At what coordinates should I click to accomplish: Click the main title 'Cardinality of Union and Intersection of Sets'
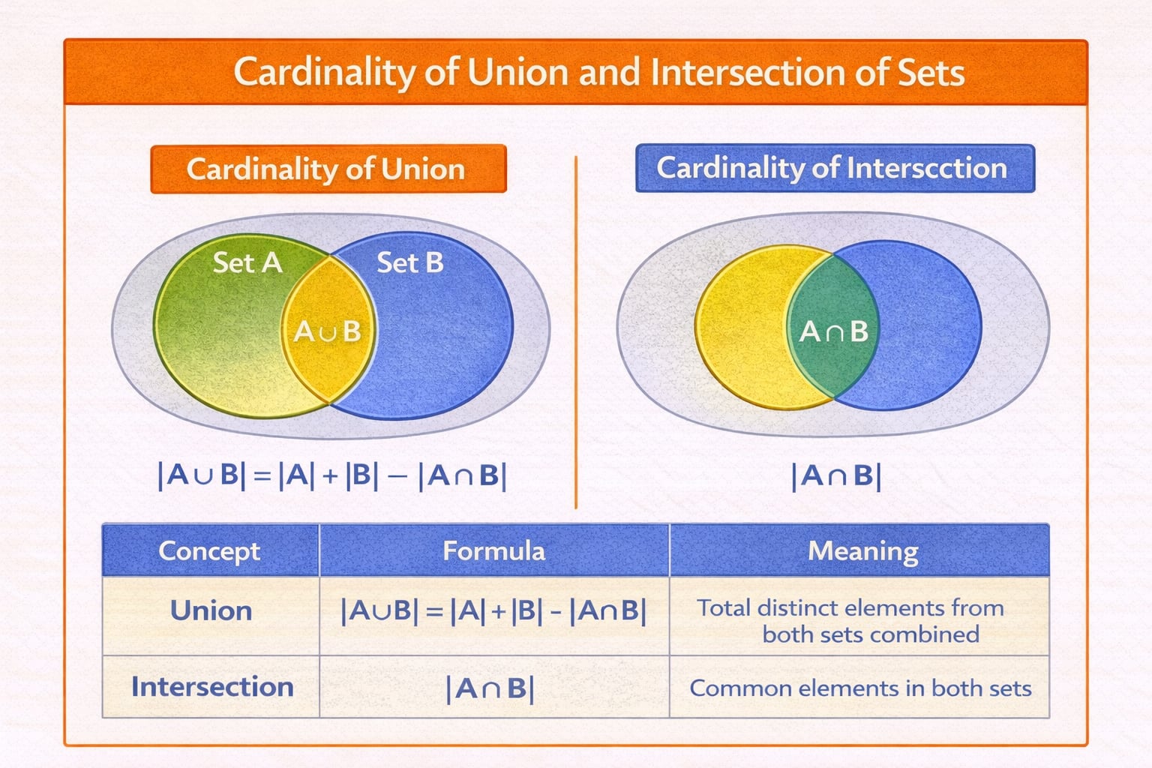598,73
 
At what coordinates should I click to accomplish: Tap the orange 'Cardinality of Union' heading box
328,169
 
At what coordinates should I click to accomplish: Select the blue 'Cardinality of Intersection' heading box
834,168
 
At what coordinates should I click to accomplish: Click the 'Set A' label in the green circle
247,262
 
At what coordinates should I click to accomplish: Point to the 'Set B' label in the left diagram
409,262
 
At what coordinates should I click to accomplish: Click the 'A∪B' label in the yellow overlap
328,331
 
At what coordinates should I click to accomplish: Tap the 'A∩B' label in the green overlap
833,331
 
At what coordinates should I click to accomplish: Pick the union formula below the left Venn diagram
332,475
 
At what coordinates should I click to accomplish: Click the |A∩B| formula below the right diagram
835,476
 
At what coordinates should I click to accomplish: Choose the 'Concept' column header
209,550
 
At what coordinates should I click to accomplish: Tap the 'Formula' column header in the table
493,550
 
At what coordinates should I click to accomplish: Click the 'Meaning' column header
862,550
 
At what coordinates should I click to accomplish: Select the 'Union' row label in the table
211,610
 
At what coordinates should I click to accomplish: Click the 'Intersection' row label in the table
212,687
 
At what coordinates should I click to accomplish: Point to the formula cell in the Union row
493,611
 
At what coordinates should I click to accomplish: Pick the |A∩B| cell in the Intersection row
490,688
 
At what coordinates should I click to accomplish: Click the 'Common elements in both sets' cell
860,688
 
